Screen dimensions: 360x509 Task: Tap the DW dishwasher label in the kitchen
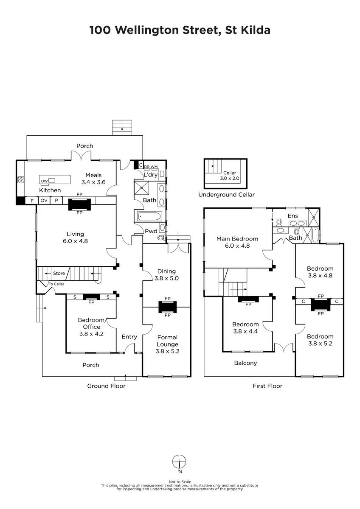(x=44, y=181)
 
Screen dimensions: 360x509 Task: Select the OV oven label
(x=44, y=200)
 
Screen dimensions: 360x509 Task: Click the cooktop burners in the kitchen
(x=21, y=180)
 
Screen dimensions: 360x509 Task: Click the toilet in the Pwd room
(x=161, y=238)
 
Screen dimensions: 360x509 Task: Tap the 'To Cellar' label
(x=56, y=284)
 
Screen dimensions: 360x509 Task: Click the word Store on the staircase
(x=59, y=273)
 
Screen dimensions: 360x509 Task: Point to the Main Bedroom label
(x=237, y=239)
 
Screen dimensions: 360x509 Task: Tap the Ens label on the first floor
(x=292, y=216)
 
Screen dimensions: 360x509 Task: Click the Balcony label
(x=245, y=363)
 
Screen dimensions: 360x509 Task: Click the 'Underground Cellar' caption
(x=226, y=195)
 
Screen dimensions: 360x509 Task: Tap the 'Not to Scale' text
(x=180, y=482)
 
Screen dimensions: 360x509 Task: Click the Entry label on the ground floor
(x=129, y=336)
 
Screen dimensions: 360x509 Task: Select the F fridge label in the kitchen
(x=32, y=201)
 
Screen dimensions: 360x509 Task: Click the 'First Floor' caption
(x=267, y=386)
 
